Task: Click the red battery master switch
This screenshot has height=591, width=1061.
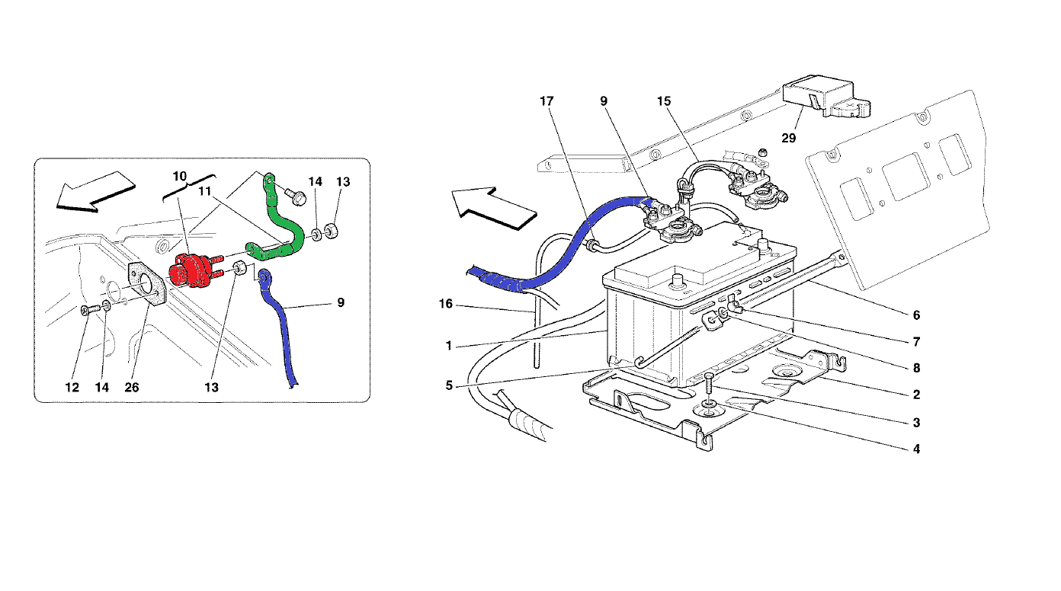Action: coord(191,272)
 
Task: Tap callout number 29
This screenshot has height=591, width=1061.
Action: coord(788,138)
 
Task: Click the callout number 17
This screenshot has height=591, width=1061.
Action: coord(547,101)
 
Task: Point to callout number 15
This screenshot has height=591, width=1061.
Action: coord(664,101)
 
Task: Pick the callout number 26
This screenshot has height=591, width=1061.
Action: coord(132,388)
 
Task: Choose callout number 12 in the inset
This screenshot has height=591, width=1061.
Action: coord(72,388)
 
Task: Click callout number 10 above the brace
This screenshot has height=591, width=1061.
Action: coord(180,177)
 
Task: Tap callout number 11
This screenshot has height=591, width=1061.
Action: coord(204,191)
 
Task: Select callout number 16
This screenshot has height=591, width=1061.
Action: coord(446,304)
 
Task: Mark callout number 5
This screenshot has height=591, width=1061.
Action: coord(449,385)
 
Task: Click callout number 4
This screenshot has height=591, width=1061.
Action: coord(916,449)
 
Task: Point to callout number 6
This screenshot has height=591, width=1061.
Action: coord(916,315)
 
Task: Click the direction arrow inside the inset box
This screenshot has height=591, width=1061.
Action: coord(95,192)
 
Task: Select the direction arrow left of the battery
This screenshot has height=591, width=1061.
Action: coord(494,208)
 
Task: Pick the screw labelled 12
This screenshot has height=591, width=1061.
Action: coord(89,309)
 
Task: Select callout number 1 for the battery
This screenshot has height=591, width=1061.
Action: coord(449,346)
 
